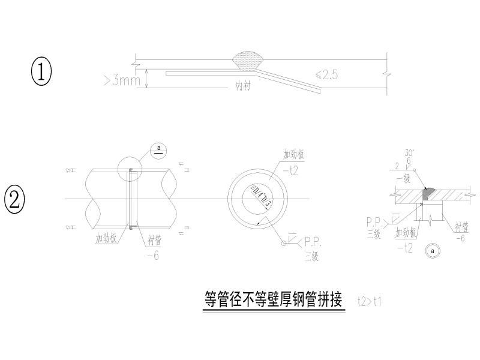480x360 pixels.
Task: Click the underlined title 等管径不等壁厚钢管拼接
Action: (x=272, y=298)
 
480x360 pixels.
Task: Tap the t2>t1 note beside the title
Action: (x=368, y=301)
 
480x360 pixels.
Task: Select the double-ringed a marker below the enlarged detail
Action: (x=431, y=251)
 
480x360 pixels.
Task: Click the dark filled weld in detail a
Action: (x=430, y=193)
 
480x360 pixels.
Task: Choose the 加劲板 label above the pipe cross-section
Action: (x=294, y=154)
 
